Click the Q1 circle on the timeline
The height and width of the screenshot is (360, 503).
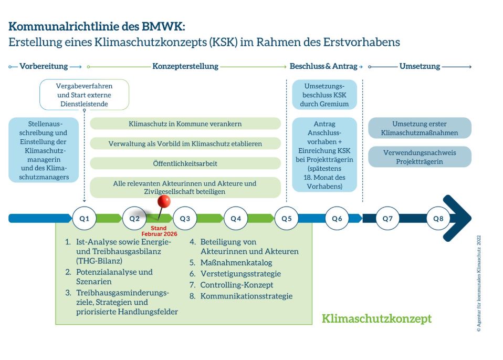[84, 218]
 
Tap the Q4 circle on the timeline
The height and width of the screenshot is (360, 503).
[235, 218]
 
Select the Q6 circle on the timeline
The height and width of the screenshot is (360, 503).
[337, 218]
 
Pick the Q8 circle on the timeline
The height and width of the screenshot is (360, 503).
[438, 218]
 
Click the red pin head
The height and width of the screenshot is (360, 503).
[164, 202]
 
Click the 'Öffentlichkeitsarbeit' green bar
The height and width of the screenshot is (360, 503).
[185, 163]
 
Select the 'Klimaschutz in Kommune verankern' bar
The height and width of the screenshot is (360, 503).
[185, 124]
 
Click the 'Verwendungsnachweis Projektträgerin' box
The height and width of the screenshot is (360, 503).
[420, 157]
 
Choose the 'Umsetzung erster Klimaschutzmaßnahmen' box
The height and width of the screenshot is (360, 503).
[420, 128]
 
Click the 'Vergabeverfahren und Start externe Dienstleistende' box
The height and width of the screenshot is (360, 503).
[84, 95]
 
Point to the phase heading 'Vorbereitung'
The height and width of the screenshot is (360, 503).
[44, 66]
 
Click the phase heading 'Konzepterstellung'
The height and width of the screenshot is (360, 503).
[185, 66]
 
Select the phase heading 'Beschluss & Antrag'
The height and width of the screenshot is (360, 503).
[323, 66]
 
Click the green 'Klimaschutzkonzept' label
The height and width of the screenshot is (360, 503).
[376, 318]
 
